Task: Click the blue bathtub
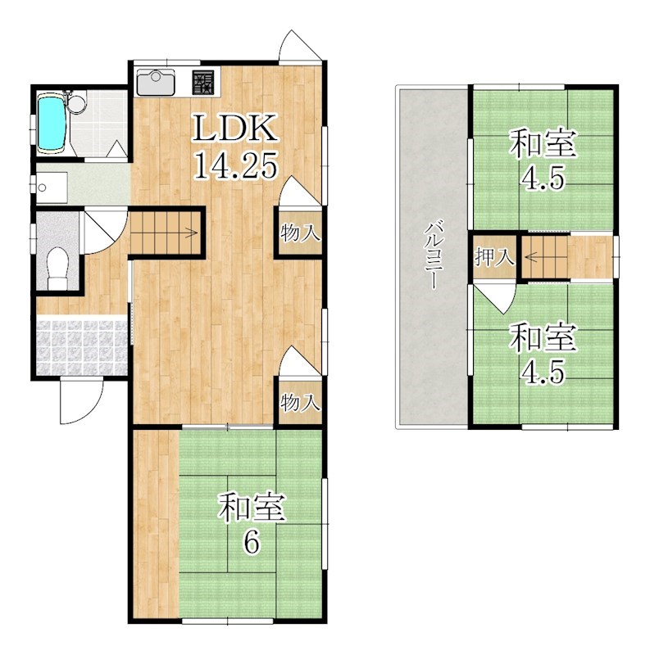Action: tap(52, 122)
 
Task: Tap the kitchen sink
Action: tap(156, 82)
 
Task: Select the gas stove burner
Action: tap(204, 83)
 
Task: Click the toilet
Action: tap(57, 269)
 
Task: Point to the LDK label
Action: tap(235, 128)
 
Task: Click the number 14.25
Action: tap(236, 165)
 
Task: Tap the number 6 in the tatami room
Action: tap(252, 543)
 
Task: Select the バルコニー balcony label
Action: tap(432, 255)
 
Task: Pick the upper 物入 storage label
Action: tap(300, 233)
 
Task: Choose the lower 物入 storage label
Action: tap(300, 403)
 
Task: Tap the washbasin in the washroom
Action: tap(52, 187)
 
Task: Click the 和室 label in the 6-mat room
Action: tap(253, 507)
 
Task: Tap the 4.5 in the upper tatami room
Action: tap(543, 178)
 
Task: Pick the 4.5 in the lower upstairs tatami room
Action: tap(543, 371)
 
